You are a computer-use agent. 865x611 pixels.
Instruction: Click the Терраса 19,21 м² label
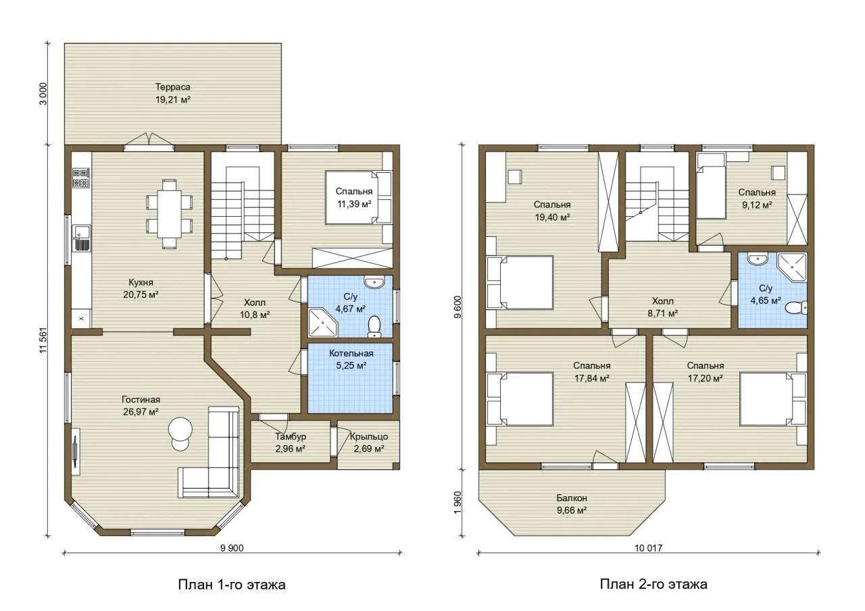click(173, 93)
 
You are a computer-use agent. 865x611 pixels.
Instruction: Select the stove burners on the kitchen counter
click(81, 178)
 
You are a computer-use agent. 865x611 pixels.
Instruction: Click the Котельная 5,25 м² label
click(351, 359)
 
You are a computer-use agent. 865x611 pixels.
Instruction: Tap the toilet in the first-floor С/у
click(374, 326)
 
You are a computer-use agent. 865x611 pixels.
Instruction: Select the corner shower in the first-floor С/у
click(322, 323)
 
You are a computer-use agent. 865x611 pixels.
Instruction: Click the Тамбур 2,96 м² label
click(291, 442)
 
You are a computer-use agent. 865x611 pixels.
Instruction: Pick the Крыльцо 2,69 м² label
click(369, 442)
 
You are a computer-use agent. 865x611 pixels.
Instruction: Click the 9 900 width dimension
click(232, 548)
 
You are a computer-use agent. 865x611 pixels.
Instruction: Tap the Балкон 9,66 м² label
click(572, 504)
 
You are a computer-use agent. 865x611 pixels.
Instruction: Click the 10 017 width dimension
click(648, 548)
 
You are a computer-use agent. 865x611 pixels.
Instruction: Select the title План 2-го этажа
click(653, 584)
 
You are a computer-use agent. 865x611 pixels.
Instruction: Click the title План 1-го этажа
click(232, 585)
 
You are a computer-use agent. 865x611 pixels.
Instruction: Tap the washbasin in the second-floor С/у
click(758, 259)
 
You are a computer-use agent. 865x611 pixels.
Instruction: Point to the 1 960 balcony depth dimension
click(458, 502)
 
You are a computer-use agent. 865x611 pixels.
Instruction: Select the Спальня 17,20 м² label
click(705, 371)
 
